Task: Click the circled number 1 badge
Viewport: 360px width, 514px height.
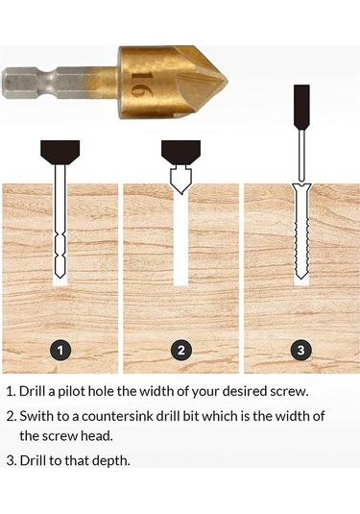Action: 60,350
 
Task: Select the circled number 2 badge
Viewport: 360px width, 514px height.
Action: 180,350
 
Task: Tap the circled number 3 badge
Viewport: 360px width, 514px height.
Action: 300,350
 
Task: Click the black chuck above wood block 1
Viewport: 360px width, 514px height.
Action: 60,152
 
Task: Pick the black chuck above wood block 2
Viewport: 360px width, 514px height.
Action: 180,150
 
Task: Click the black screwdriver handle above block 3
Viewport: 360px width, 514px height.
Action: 300,106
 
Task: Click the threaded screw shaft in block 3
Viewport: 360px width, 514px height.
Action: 300,235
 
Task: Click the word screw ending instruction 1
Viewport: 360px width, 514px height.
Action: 312,392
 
